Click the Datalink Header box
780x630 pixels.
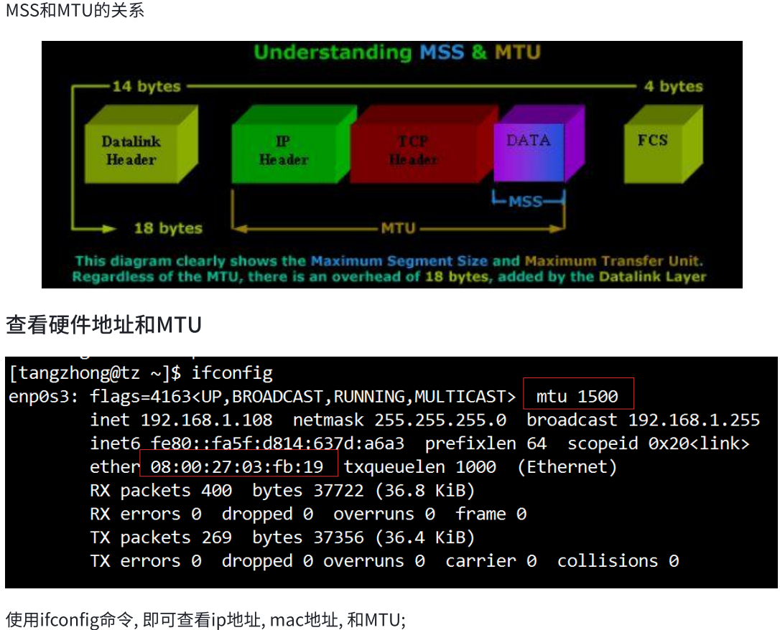coord(131,151)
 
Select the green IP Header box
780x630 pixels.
coord(283,151)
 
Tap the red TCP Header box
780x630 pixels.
coord(414,151)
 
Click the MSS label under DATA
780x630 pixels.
coord(526,202)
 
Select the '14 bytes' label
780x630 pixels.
coord(147,87)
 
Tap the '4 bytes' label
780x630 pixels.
coord(673,87)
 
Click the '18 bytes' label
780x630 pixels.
coord(168,229)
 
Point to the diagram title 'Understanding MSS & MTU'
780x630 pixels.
coord(396,52)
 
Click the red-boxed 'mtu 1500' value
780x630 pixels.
coord(577,396)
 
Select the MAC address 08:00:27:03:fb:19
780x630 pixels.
coord(238,467)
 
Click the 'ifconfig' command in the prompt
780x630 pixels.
coord(232,373)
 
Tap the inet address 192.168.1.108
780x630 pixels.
coord(207,420)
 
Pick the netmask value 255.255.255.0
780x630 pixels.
coord(440,420)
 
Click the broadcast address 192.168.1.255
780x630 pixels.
coord(694,420)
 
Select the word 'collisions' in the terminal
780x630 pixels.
coord(608,561)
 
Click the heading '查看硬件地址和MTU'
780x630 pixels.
coord(103,325)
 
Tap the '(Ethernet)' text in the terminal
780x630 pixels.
coord(567,467)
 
